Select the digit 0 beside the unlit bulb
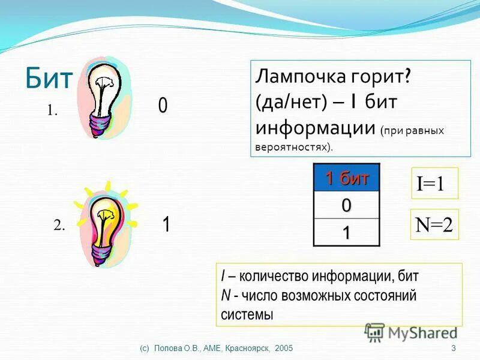point(163,107)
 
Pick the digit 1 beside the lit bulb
point(166,225)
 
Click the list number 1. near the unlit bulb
point(53,110)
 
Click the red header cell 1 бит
point(346,178)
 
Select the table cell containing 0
point(346,205)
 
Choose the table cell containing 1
point(346,232)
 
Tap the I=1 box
point(434,184)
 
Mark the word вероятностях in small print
point(290,146)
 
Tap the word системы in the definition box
point(247,314)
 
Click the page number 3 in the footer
point(453,349)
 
